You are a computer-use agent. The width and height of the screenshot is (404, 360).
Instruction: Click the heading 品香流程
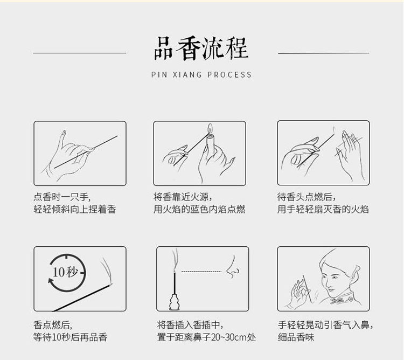coord(201,48)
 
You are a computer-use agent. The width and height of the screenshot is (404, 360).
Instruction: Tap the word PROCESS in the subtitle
coord(229,75)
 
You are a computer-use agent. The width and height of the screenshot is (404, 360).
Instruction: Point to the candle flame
coord(210,128)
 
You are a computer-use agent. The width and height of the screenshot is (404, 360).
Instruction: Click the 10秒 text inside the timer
coord(65,272)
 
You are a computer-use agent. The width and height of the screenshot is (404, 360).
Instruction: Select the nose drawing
coord(233,267)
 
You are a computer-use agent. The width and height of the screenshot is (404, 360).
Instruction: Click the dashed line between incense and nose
coord(201,272)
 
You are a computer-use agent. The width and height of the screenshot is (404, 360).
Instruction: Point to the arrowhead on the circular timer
coord(51,281)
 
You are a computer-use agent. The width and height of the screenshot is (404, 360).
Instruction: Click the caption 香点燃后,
coord(53,325)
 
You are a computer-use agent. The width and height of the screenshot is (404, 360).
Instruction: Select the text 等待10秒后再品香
coord(71,337)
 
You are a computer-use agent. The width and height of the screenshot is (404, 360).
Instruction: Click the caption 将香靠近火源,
coord(183,197)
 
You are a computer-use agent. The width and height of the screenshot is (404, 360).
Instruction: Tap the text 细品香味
coord(296,337)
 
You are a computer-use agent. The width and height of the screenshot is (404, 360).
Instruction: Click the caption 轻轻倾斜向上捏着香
coord(75,209)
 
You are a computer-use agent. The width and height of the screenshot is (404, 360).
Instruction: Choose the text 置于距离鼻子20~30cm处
coord(207,337)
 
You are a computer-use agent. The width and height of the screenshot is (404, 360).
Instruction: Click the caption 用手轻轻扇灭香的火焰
coord(323,209)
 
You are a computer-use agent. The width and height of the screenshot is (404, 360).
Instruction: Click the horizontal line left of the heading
coord(80,53)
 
